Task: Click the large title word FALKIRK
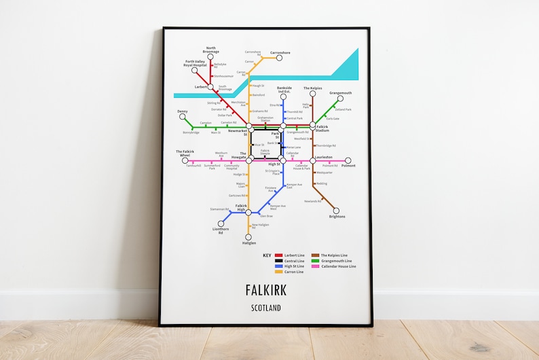tap(266, 291)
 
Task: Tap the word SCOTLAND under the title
tap(266, 308)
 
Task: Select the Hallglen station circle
tap(248, 237)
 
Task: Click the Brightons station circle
tap(335, 211)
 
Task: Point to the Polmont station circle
tap(348, 161)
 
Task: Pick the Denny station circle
tap(182, 116)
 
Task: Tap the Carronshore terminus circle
tap(279, 58)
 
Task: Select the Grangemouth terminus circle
tap(340, 98)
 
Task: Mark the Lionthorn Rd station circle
tap(221, 223)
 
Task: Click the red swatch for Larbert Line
tap(278, 255)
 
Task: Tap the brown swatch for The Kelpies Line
tap(316, 255)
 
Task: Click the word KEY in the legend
tap(267, 255)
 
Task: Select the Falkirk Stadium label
tap(322, 128)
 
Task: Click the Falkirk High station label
tap(240, 207)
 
